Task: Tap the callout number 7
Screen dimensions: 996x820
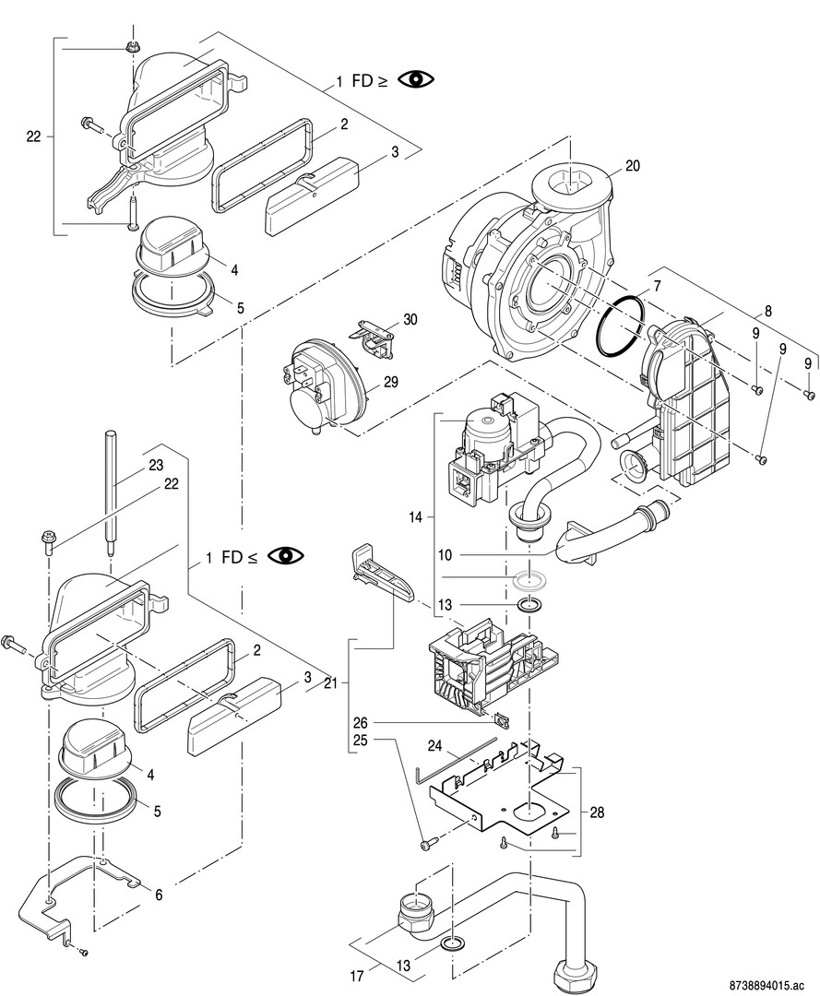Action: point(657,285)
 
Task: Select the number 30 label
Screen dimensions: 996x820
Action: point(410,319)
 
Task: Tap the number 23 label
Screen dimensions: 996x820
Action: point(156,465)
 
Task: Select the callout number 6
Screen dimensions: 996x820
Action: point(159,895)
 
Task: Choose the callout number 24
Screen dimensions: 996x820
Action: point(434,743)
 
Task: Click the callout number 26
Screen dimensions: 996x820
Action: point(361,722)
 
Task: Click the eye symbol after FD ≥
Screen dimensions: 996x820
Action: point(416,80)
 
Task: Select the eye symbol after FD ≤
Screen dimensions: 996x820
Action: point(285,556)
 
